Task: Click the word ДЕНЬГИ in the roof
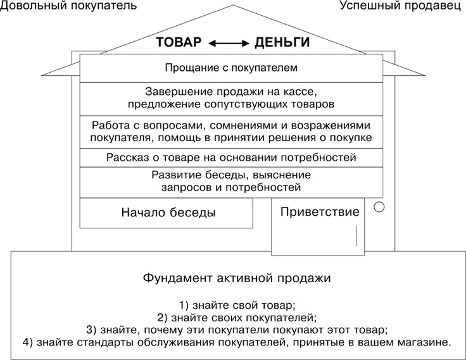point(282,43)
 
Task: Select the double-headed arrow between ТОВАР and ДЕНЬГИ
point(230,44)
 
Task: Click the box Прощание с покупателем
point(231,66)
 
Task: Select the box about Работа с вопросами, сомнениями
point(231,131)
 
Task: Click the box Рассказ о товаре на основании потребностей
point(231,157)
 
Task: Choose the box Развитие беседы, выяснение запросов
point(231,181)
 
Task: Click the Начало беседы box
point(168,213)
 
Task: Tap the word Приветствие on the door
point(320,211)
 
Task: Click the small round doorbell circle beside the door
point(379,206)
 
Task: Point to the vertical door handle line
point(356,236)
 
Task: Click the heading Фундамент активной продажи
point(236,278)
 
